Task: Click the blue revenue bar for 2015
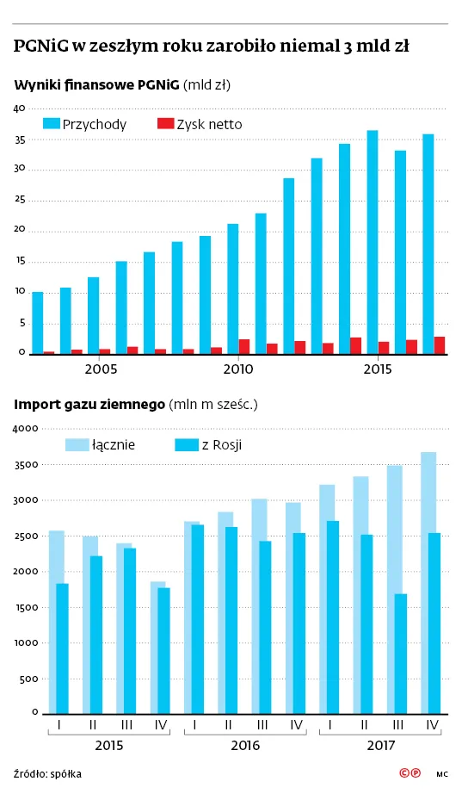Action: [x=373, y=242]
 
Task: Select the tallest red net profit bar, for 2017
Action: [x=439, y=345]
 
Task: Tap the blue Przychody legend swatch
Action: [x=52, y=123]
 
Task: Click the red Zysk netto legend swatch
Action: [x=166, y=123]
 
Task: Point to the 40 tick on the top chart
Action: [x=20, y=109]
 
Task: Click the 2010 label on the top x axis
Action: [x=238, y=369]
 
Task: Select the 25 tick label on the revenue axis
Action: [x=20, y=200]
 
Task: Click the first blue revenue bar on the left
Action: [x=37, y=323]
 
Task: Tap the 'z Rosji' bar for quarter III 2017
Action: [x=400, y=654]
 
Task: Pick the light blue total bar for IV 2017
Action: [x=428, y=583]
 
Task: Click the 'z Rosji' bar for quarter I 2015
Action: [x=62, y=648]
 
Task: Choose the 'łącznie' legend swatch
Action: [x=77, y=445]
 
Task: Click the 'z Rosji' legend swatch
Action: [x=187, y=445]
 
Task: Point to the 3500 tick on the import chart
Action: [x=26, y=465]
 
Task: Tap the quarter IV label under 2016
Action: [x=296, y=724]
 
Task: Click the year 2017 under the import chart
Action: [x=381, y=746]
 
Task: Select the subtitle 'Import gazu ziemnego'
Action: [x=89, y=405]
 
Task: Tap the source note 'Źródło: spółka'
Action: [x=47, y=774]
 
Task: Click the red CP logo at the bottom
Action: [x=410, y=773]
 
